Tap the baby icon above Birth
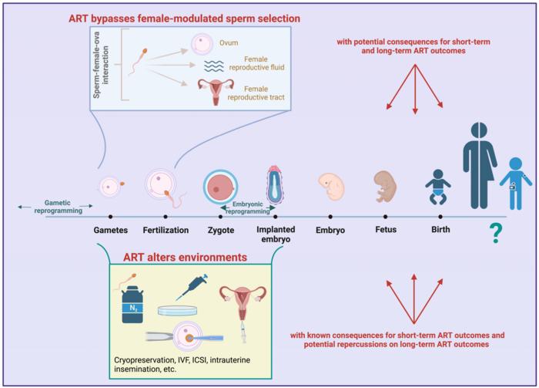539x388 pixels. click(x=440, y=186)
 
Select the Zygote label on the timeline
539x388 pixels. click(x=220, y=230)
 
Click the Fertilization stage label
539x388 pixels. click(x=166, y=230)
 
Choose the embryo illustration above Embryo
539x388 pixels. click(x=330, y=186)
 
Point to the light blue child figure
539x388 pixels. click(x=515, y=184)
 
